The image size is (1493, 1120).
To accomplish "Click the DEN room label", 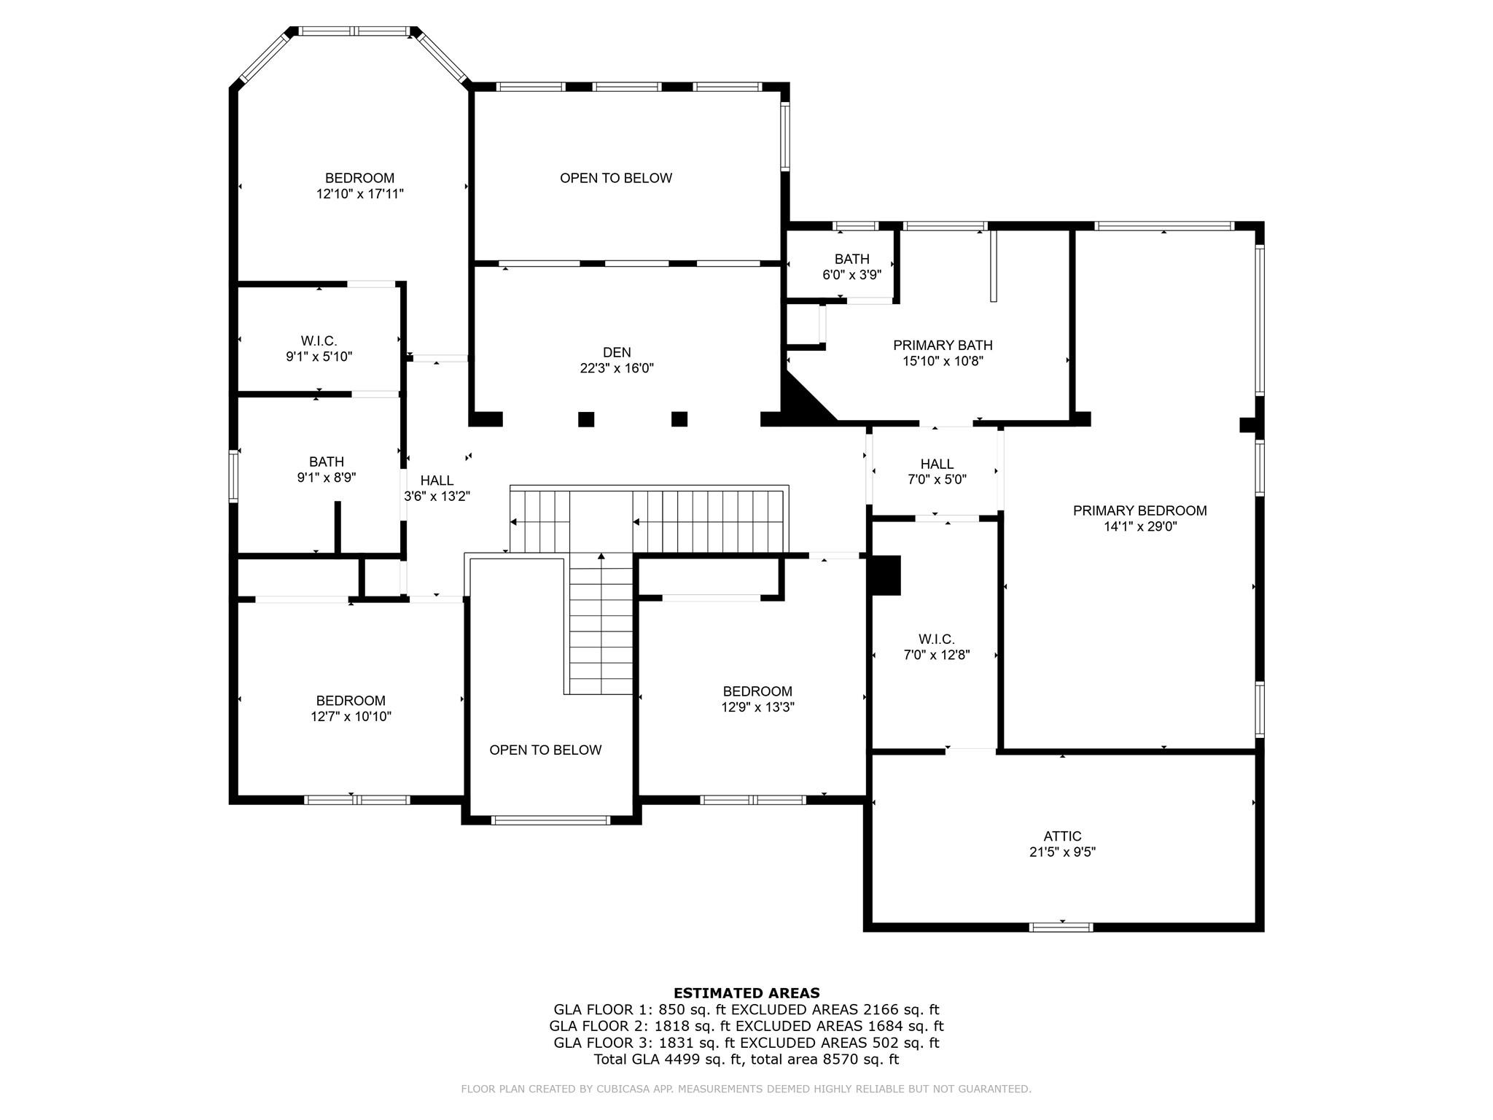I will [x=617, y=353].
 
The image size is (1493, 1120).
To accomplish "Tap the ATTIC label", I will [x=1062, y=836].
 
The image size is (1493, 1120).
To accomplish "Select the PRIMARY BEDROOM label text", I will [x=1139, y=511].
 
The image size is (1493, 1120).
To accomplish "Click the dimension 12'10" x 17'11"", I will [x=359, y=194].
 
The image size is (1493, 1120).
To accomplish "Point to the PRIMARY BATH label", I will [x=943, y=346].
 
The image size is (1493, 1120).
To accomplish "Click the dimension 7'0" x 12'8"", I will [x=936, y=655].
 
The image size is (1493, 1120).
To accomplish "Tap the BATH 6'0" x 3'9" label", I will [x=851, y=267].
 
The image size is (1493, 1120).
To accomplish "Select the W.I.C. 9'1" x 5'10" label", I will [x=319, y=349].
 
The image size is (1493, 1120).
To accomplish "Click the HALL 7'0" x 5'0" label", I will [x=937, y=472].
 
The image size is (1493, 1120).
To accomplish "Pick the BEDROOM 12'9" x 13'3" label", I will [x=757, y=699].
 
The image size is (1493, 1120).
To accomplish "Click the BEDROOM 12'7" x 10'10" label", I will [x=351, y=708].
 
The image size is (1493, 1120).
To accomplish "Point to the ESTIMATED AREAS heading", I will [x=746, y=992].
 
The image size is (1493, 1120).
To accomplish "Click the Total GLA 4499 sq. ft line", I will [x=746, y=1059].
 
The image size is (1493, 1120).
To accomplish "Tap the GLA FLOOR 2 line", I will [x=746, y=1026].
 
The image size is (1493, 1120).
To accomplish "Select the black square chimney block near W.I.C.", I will [x=886, y=575].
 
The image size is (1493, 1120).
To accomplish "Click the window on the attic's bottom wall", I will [x=1061, y=927].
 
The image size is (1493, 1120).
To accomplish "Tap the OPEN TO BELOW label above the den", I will [x=616, y=178].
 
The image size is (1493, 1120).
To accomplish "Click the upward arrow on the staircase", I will [x=601, y=557].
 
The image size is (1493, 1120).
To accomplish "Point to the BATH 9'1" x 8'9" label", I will [x=326, y=470].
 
